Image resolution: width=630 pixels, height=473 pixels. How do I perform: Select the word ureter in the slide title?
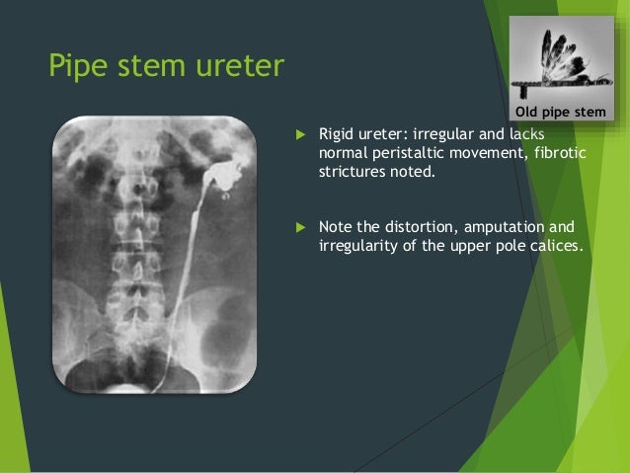click(238, 67)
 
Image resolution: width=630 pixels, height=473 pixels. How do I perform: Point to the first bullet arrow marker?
click(299, 133)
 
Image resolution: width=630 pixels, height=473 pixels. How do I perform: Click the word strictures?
click(352, 171)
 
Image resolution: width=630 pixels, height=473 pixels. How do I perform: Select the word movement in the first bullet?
click(484, 152)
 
